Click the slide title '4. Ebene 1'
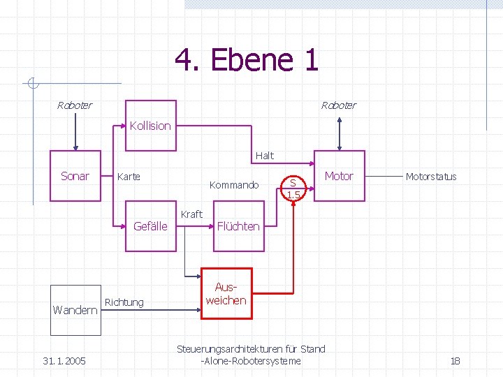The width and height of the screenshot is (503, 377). [247, 60]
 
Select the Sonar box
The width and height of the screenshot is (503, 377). [75, 176]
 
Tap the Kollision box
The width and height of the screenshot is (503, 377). [150, 126]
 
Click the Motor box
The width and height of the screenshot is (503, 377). [339, 176]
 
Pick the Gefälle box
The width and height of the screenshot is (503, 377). [150, 226]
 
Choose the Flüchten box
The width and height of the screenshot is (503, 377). [238, 226]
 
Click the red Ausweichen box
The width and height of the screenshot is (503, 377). [226, 294]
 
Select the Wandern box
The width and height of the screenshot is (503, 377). [75, 309]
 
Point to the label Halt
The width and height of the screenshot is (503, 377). [265, 156]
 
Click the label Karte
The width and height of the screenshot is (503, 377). [129, 177]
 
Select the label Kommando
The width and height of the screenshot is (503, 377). [234, 185]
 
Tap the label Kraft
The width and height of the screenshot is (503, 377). [191, 214]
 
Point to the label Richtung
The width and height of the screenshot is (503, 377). [124, 302]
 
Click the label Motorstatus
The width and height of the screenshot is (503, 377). [431, 177]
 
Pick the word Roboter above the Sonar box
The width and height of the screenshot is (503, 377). [74, 105]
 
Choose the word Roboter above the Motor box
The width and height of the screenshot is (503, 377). [338, 105]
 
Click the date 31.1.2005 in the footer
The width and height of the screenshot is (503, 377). [64, 361]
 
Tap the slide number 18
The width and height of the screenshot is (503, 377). [455, 361]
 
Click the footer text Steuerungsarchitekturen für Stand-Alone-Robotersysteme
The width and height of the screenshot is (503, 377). [251, 355]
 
